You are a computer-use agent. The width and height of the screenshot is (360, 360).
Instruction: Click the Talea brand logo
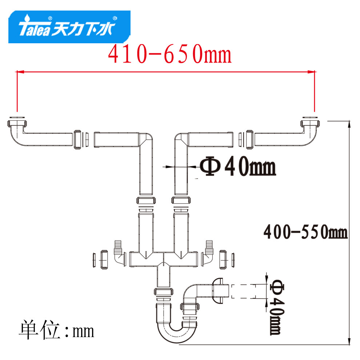[x=69, y=27]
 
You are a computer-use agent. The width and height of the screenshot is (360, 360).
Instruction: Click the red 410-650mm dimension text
[x=170, y=54]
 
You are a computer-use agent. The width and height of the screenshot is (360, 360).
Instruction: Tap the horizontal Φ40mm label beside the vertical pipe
[x=238, y=166]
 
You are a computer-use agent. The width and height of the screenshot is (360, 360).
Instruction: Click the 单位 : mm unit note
[x=56, y=330]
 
